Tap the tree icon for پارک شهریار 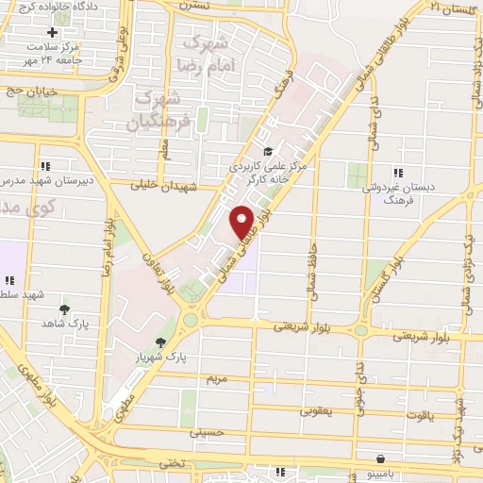click(161, 343)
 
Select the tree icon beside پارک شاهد click(64, 309)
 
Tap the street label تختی click(171, 463)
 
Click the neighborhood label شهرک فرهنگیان click(163, 109)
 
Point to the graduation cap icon click(267, 151)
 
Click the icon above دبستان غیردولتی click(398, 172)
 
